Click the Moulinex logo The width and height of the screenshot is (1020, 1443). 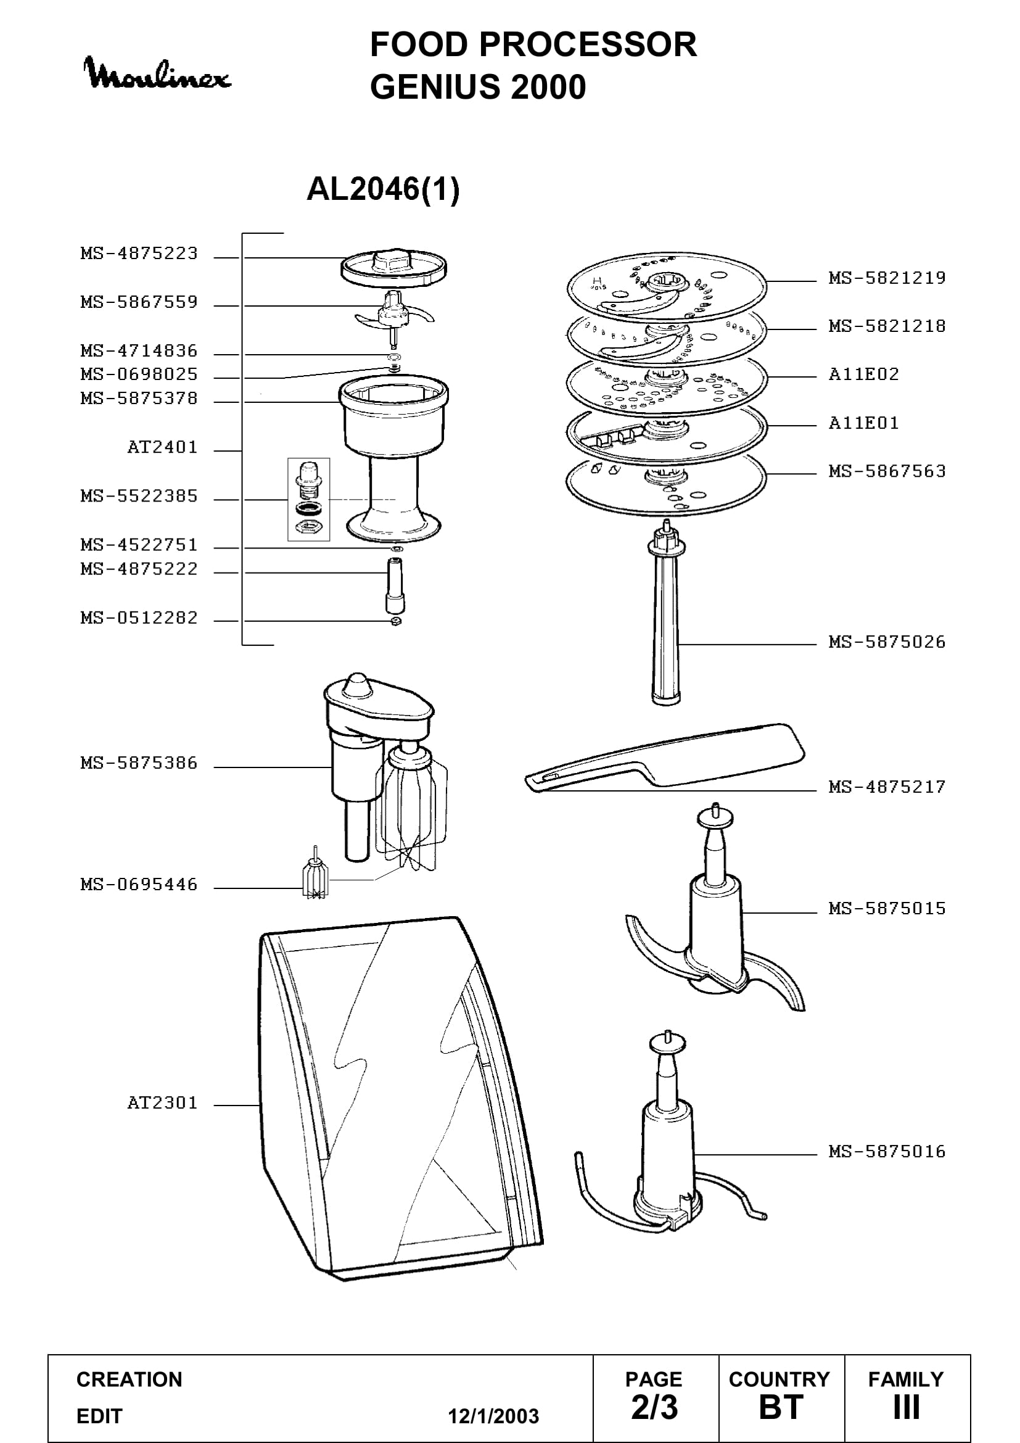pyautogui.click(x=157, y=73)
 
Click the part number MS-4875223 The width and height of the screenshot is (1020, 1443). pyautogui.click(x=139, y=254)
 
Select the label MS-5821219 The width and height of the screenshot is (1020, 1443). pyautogui.click(x=887, y=278)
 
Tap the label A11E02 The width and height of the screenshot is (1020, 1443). pyautogui.click(x=863, y=374)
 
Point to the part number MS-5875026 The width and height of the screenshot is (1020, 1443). pyautogui.click(x=887, y=642)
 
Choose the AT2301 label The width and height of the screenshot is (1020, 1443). pyautogui.click(x=162, y=1103)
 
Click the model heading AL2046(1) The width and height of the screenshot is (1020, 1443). pyautogui.click(x=383, y=189)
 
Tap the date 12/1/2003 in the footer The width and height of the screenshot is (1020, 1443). pyautogui.click(x=493, y=1416)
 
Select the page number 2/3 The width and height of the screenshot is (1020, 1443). pyautogui.click(x=654, y=1407)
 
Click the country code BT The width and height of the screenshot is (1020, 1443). pyautogui.click(x=781, y=1407)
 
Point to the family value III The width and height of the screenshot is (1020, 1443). pyautogui.click(x=906, y=1407)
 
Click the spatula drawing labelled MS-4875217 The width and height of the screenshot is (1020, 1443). pyautogui.click(x=665, y=757)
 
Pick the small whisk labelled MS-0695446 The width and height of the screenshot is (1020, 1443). pyautogui.click(x=315, y=874)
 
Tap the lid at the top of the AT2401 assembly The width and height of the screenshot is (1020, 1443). pyautogui.click(x=394, y=267)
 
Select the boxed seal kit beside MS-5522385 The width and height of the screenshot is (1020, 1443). pyautogui.click(x=308, y=500)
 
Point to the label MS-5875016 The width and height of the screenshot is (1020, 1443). pyautogui.click(x=887, y=1152)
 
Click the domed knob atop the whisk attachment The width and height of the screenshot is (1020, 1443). pyautogui.click(x=356, y=684)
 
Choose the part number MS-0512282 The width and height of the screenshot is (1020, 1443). pyautogui.click(x=139, y=618)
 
